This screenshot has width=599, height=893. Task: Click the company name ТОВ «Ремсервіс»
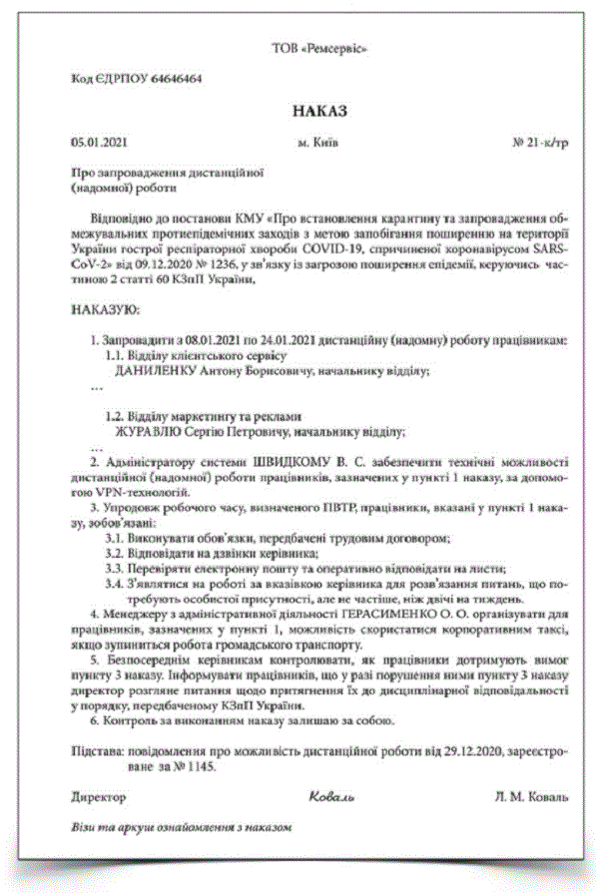pos(320,48)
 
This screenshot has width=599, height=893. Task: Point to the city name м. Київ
pos(317,143)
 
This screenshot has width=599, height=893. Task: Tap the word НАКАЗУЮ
pos(106,311)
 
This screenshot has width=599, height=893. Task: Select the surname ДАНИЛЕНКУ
pos(157,370)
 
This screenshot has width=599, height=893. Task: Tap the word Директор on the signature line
pos(100,797)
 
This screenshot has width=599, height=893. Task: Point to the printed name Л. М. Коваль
pos(530,797)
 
